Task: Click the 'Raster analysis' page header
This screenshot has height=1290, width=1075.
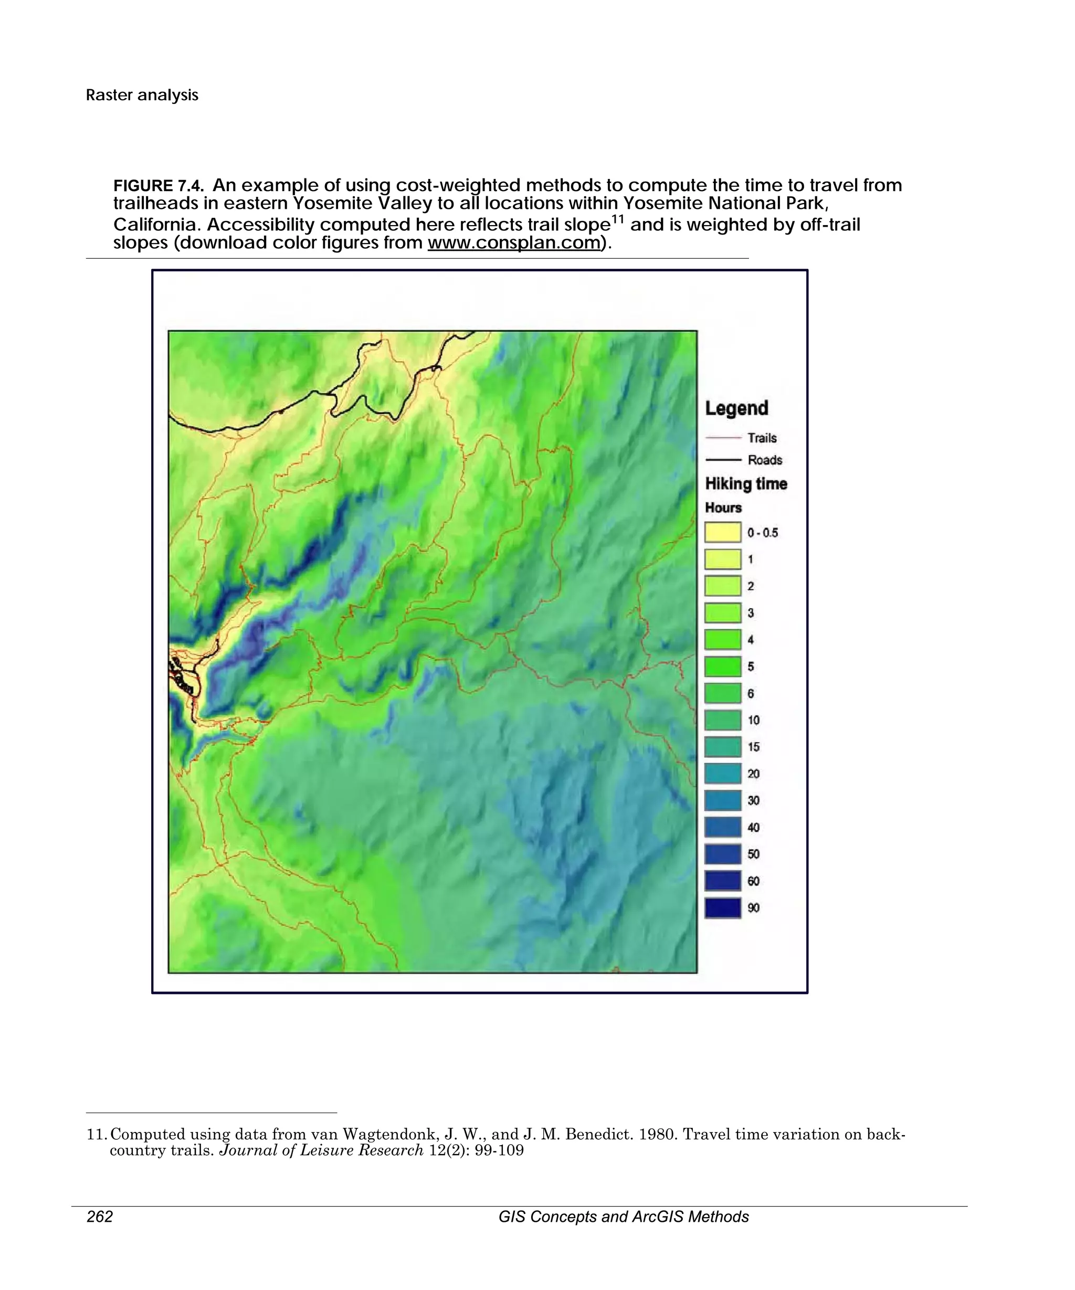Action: click(142, 95)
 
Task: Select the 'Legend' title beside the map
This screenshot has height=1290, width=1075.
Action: click(736, 408)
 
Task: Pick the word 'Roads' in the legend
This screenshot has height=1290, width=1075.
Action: click(765, 460)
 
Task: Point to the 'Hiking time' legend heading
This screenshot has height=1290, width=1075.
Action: click(746, 484)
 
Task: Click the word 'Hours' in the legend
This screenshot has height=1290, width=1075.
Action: click(723, 508)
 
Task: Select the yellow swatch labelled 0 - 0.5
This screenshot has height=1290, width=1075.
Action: click(722, 533)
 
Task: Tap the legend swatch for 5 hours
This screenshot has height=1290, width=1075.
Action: click(722, 667)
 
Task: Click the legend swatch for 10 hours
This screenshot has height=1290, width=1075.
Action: click(722, 720)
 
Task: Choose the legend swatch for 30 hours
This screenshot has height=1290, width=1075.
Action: click(722, 800)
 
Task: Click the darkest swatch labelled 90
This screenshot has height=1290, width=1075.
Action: click(722, 908)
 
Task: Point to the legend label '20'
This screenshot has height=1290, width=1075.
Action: click(753, 774)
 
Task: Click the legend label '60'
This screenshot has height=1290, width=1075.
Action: click(753, 882)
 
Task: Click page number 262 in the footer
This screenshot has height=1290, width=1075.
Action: click(100, 1217)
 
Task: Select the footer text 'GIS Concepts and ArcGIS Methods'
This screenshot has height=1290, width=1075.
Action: click(623, 1217)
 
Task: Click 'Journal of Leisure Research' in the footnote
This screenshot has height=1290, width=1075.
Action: click(321, 1150)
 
